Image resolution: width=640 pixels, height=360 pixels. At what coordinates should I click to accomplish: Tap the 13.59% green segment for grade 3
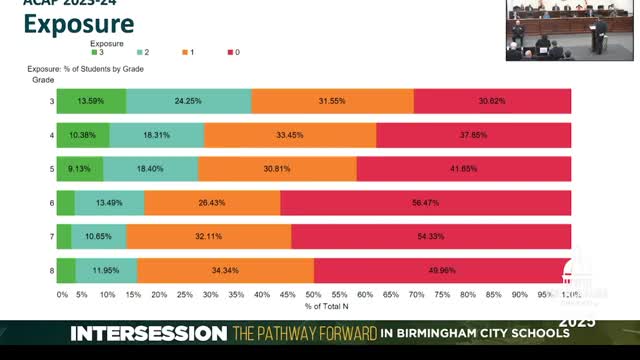91,101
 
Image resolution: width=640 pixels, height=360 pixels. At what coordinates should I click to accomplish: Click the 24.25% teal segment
189,101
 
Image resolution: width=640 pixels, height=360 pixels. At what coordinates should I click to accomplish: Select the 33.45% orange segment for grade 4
290,135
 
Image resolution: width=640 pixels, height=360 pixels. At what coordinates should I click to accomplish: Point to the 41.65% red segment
463,169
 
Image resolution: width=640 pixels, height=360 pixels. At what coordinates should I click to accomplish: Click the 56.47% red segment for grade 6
425,203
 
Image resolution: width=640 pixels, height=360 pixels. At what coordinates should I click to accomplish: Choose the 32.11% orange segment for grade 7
209,237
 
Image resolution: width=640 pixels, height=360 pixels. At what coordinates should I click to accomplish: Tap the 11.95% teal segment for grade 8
106,271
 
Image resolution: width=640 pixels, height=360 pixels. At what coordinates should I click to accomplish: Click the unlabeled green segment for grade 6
65,203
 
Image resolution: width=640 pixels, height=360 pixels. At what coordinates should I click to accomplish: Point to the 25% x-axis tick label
185,295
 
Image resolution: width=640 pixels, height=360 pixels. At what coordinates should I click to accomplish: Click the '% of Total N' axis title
314,305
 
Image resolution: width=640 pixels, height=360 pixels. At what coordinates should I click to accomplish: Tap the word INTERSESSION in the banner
148,333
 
